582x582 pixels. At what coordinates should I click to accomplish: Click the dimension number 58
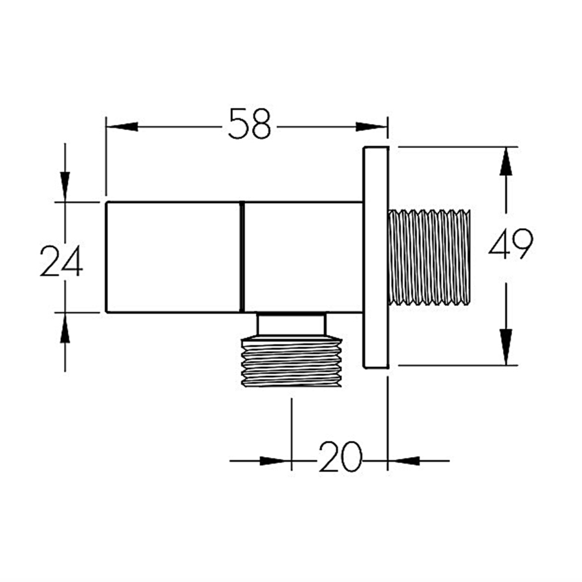point(250,124)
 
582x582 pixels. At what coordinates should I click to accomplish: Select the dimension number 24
point(61,261)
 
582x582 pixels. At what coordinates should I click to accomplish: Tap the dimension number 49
point(511,244)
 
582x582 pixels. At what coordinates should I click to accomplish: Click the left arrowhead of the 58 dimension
point(122,127)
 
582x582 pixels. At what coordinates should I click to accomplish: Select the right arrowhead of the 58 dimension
point(371,127)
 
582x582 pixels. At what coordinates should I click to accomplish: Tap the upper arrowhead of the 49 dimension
point(506,162)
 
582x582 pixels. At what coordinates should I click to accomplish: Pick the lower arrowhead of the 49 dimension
point(506,347)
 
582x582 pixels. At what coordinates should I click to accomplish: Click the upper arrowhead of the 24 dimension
point(65,187)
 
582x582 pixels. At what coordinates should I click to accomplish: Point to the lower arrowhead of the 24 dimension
point(65,328)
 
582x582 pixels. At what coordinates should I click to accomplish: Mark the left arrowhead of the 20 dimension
point(275,461)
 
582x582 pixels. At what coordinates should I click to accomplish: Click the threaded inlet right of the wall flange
point(429,257)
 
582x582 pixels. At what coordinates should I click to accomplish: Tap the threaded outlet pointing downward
point(292,361)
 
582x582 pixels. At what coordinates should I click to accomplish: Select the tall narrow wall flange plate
point(376,257)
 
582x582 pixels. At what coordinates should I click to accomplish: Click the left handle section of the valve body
point(173,257)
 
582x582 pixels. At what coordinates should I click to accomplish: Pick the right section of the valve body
point(303,257)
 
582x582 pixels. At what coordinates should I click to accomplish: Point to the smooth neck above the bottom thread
point(292,324)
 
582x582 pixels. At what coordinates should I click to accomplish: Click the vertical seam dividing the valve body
point(242,257)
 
